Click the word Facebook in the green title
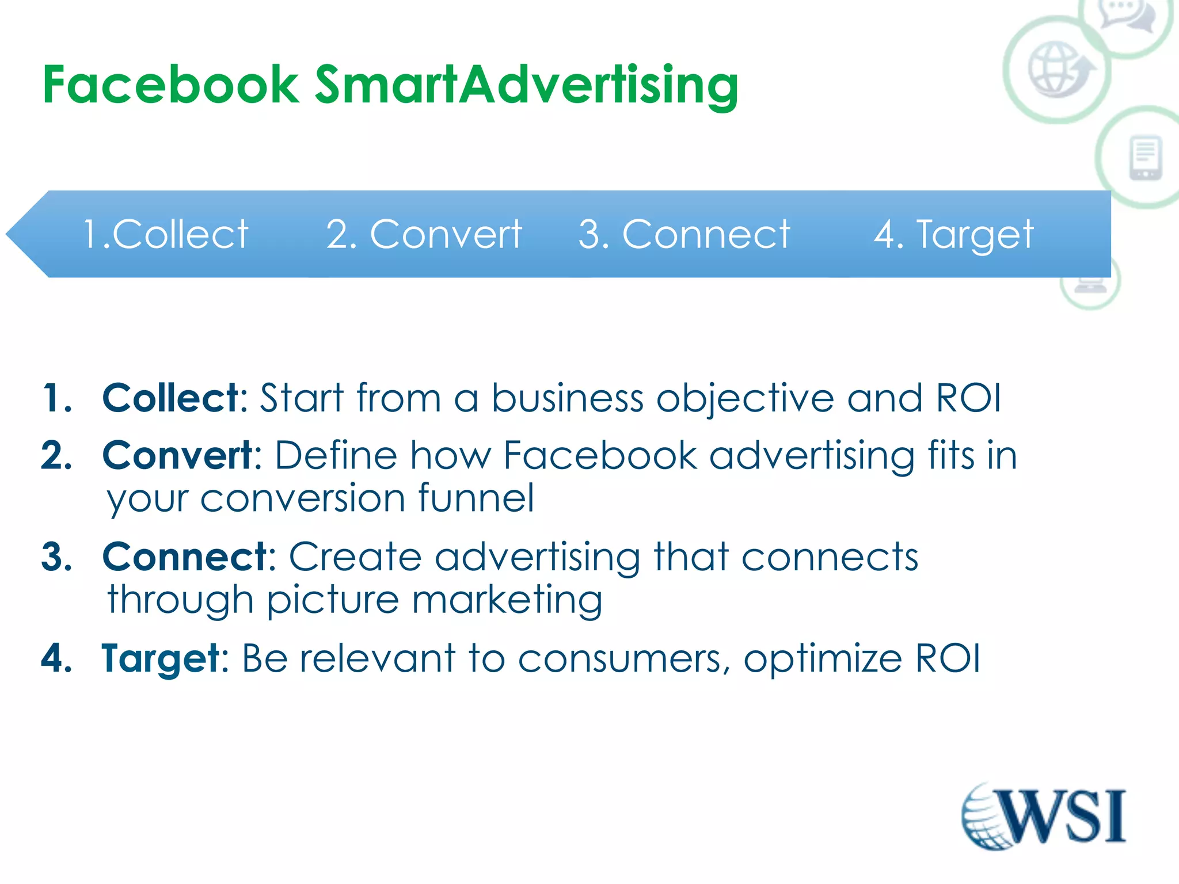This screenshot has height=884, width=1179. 171,85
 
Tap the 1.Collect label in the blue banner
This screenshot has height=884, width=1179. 166,234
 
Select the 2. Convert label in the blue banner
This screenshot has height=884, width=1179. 424,234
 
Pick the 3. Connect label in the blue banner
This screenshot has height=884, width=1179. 684,234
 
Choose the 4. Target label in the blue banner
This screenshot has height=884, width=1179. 953,234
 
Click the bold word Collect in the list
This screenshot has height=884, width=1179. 171,398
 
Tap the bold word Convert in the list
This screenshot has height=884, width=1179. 177,455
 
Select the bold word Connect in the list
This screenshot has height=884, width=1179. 185,557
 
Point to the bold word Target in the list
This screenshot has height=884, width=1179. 161,658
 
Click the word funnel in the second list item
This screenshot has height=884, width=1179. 476,498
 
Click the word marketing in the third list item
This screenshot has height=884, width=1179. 507,600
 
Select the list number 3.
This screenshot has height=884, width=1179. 56,557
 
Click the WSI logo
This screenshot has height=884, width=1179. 1043,816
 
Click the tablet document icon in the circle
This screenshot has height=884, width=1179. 1145,157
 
